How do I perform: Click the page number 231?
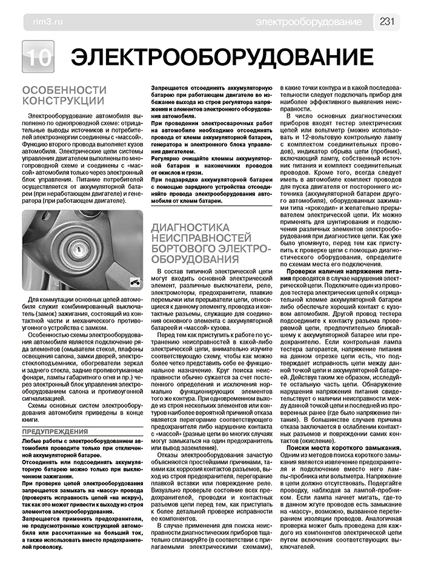point(388,22)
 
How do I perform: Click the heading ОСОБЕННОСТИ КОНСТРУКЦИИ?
point(64,95)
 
